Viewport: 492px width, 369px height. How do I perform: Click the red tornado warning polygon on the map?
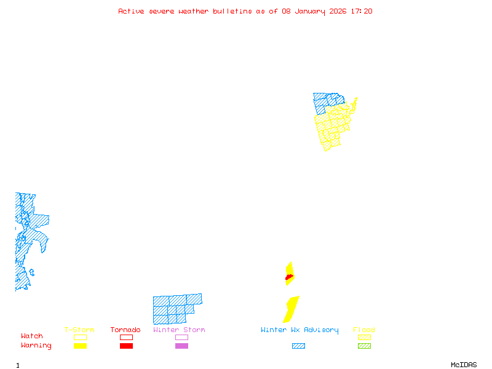tap(288, 278)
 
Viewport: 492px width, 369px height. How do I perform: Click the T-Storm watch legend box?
tap(80, 337)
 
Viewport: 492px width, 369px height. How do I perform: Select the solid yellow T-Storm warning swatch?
tap(80, 346)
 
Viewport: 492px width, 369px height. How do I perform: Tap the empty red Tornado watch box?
tap(126, 337)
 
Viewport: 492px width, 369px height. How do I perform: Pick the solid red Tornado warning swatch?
tap(126, 346)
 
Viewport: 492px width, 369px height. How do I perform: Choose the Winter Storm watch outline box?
tap(181, 337)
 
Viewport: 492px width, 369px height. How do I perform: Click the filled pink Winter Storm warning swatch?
tap(181, 346)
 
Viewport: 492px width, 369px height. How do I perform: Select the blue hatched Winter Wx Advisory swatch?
tap(298, 346)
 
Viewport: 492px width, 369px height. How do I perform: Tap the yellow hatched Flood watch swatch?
tap(364, 337)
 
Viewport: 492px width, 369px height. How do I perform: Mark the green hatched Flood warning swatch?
tap(364, 346)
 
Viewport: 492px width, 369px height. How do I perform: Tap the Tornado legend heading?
tap(125, 330)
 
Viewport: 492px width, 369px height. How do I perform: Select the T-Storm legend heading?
tap(79, 330)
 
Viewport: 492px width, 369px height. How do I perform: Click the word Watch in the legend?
tap(32, 336)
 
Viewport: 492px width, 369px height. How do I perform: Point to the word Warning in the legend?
tap(36, 346)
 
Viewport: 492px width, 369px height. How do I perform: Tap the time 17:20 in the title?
tap(362, 11)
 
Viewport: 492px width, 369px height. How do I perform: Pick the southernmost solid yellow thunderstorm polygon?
tap(291, 309)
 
